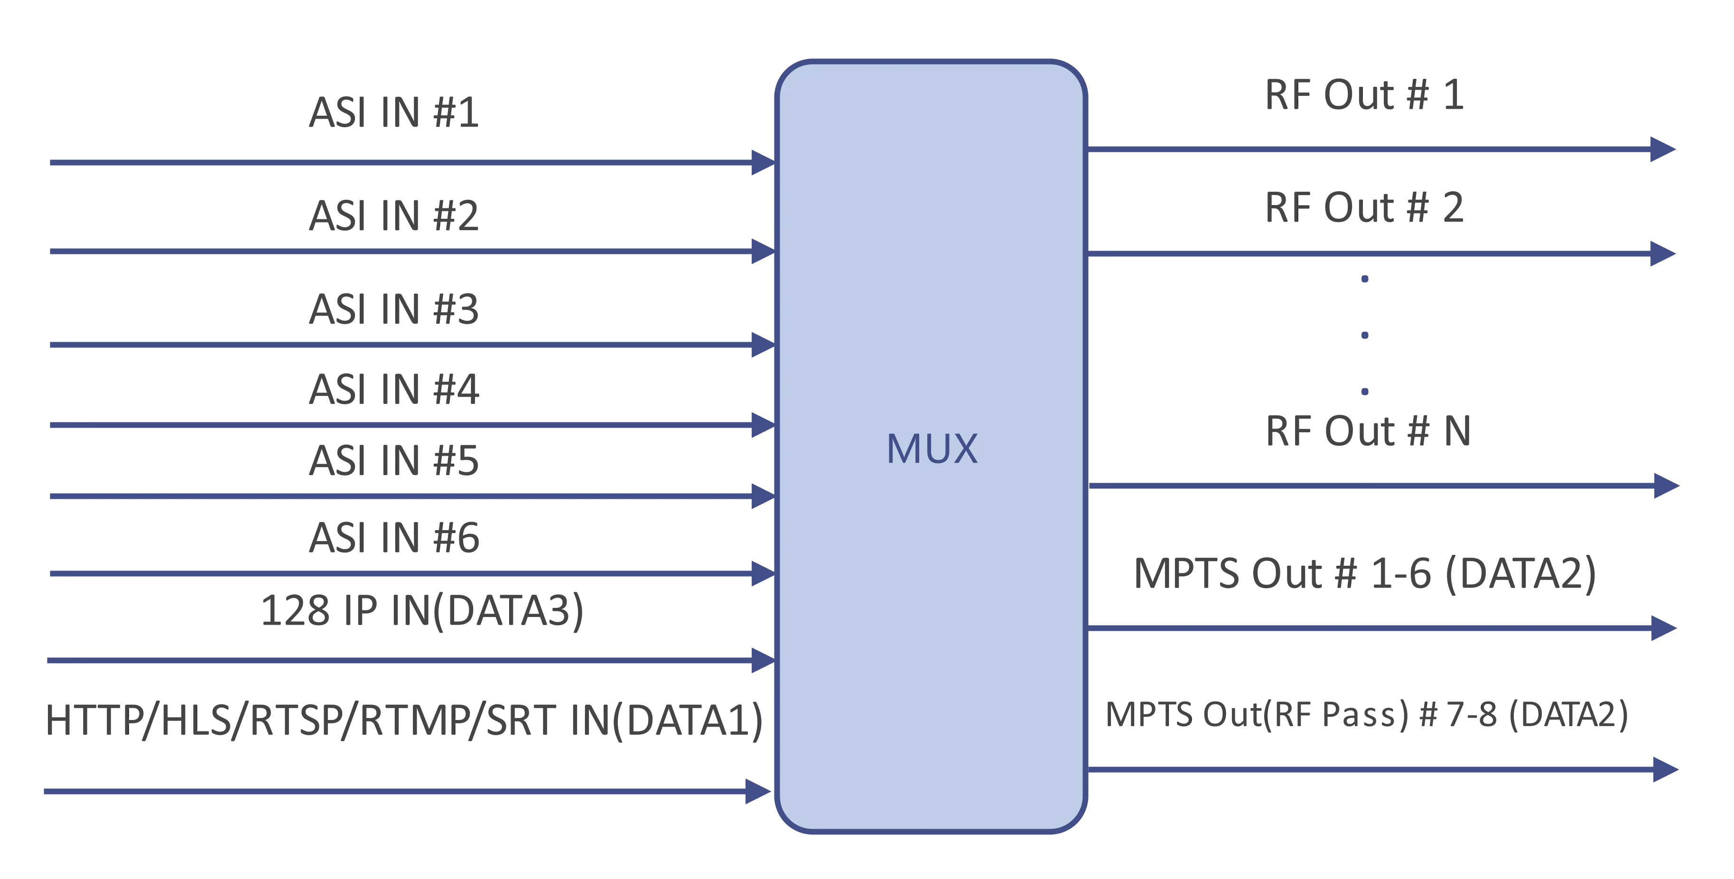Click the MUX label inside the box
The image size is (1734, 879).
pos(932,449)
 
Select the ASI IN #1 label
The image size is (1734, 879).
pos(393,113)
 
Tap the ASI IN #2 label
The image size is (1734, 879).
pos(393,215)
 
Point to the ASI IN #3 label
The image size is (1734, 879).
pos(393,309)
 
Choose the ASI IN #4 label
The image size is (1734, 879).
pos(394,390)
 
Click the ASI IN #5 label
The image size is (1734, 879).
pos(393,462)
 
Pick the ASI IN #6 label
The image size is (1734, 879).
pos(394,538)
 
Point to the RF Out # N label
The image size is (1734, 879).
pos(1367,431)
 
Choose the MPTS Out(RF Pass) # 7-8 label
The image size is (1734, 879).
pos(1366,715)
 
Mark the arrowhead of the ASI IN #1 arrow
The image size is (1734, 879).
pos(761,162)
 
